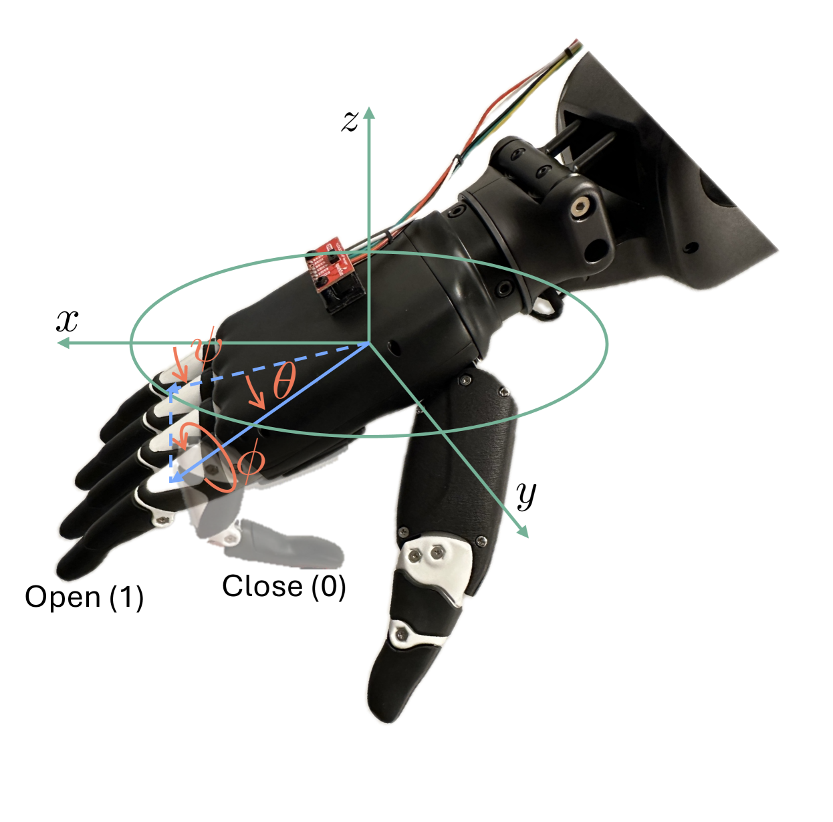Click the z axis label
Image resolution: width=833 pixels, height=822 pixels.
[350, 120]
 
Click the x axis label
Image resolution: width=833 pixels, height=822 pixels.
[68, 321]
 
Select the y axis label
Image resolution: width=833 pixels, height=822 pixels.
[526, 495]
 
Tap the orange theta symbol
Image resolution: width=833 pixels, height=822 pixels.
[284, 380]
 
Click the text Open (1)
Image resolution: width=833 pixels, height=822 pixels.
[84, 598]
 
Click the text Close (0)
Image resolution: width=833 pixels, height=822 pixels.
[284, 586]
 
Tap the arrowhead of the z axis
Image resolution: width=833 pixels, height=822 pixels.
[369, 113]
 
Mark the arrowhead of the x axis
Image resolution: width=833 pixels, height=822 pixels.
[64, 344]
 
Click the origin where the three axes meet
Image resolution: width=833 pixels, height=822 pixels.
[369, 344]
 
